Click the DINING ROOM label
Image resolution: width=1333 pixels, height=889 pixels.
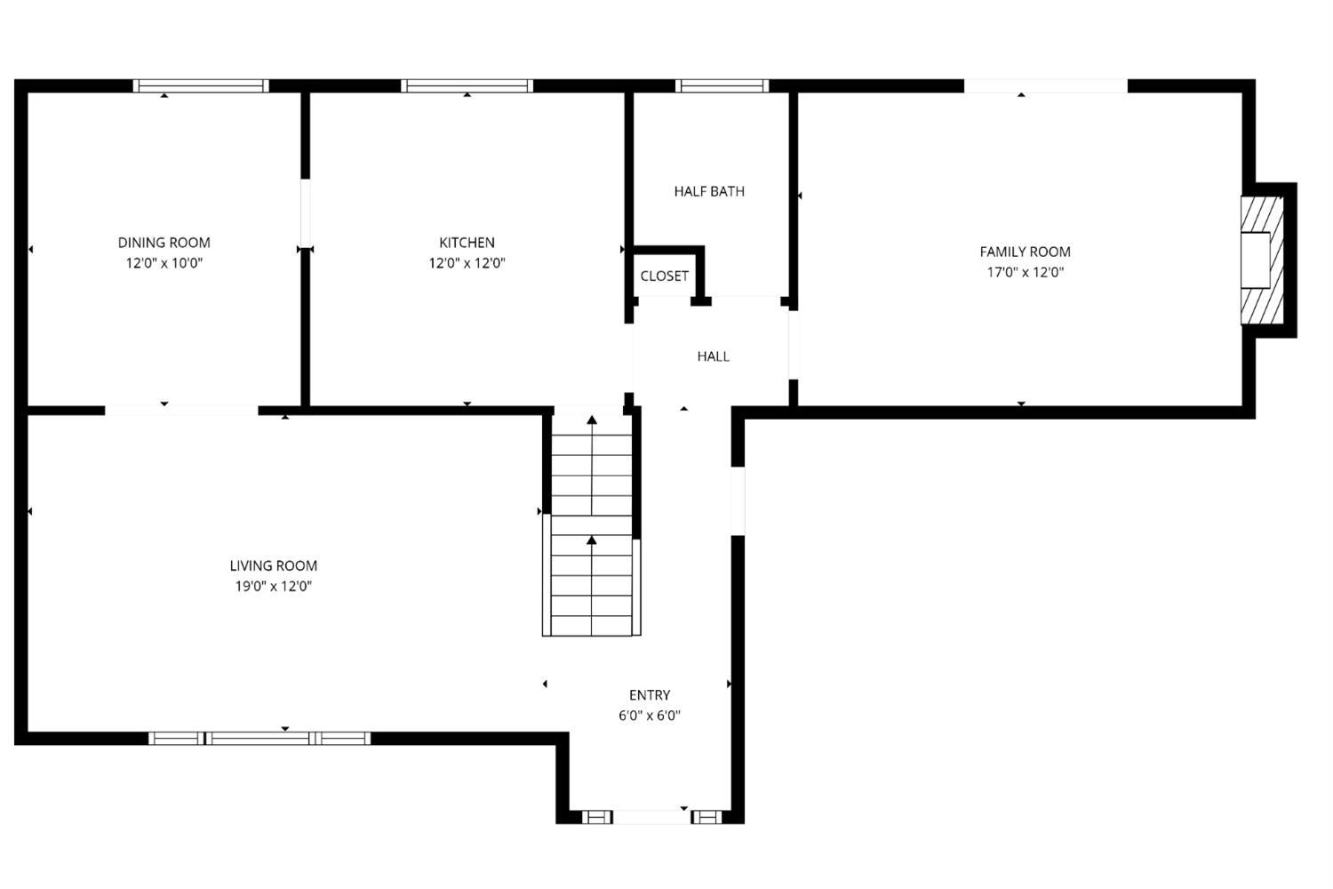(x=164, y=243)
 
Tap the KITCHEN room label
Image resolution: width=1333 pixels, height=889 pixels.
(x=467, y=243)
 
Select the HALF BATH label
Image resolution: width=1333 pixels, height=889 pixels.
(x=708, y=191)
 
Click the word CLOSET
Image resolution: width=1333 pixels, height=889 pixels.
(x=664, y=276)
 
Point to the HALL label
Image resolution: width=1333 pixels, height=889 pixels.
(x=713, y=356)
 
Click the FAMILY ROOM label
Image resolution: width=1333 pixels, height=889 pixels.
(x=1025, y=252)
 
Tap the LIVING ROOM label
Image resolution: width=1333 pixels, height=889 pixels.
(x=273, y=565)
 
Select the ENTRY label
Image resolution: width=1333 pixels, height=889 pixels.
(x=649, y=695)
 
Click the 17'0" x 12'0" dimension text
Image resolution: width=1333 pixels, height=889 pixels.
(x=1025, y=273)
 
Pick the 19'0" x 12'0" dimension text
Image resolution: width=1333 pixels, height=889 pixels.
(x=273, y=587)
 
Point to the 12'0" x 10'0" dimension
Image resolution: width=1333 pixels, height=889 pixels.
(x=164, y=263)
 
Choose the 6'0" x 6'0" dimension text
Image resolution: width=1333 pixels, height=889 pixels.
(x=649, y=716)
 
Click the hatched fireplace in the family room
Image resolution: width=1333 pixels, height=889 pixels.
(x=1262, y=260)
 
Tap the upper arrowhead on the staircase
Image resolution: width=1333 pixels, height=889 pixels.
(x=592, y=420)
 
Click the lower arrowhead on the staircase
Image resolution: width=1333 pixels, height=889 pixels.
(x=592, y=541)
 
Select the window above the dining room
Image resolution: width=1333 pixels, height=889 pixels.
(x=201, y=86)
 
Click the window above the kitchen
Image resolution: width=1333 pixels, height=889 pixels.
(x=467, y=86)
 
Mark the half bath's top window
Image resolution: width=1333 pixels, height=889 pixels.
(x=722, y=86)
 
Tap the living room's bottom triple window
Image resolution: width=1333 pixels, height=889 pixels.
(x=259, y=738)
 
